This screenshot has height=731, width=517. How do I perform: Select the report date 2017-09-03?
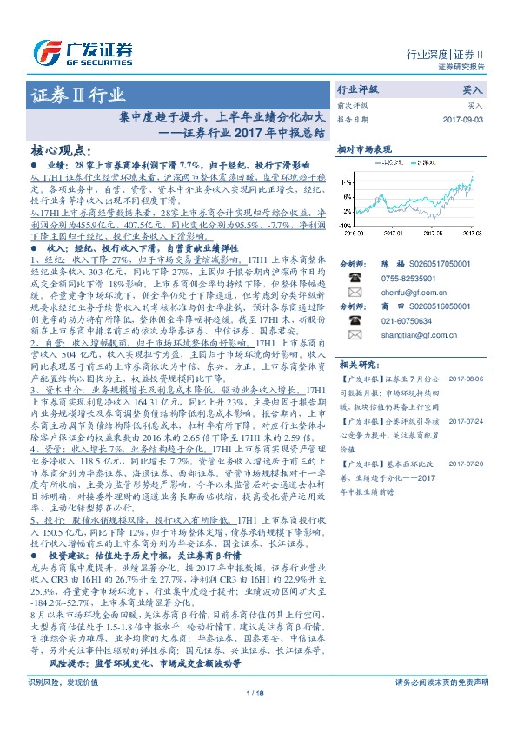461,119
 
